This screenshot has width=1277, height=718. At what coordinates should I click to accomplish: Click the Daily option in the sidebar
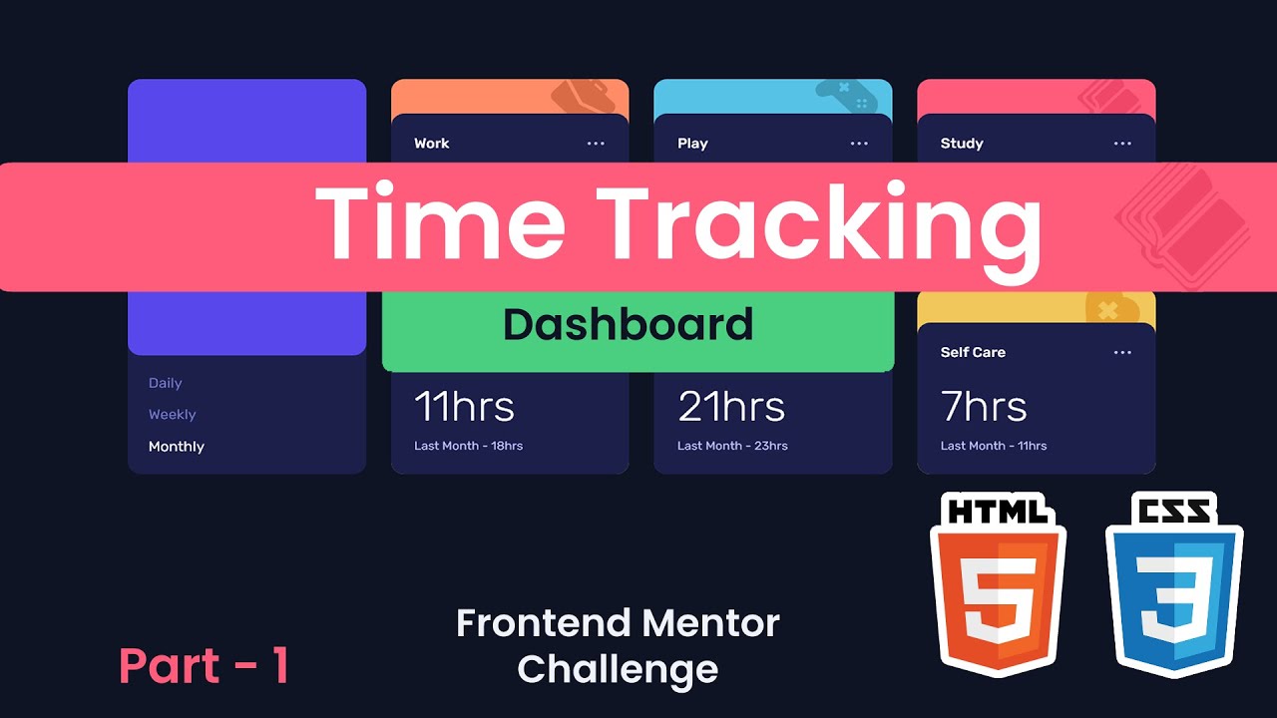point(166,383)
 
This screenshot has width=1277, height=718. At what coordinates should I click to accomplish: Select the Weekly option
point(173,415)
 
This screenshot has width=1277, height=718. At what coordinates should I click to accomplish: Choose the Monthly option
point(177,447)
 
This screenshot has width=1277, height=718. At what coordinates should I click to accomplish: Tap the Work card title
point(432,144)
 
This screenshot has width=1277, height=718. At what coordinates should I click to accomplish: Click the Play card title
point(692,144)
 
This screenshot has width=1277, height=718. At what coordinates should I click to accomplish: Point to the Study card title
point(962,144)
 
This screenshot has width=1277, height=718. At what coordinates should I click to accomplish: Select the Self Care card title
point(973,352)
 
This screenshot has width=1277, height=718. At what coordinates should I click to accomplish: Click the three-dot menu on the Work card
point(596,144)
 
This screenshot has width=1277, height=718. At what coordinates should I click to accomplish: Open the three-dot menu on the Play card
point(859,144)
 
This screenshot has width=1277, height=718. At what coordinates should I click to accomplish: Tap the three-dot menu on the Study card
point(1122,144)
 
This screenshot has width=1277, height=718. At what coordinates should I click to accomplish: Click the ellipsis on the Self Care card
point(1122,352)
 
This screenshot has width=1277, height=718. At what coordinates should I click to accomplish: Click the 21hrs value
point(731,407)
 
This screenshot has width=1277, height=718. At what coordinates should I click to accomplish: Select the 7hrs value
point(984,407)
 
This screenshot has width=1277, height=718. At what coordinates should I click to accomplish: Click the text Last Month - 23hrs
point(732,446)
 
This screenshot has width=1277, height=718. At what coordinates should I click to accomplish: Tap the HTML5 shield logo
point(998,588)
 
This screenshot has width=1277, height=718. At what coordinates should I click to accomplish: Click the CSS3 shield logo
point(1174,588)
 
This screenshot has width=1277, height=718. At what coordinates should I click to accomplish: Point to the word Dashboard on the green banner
point(629,325)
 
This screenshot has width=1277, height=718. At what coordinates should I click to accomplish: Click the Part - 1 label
point(205,666)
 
